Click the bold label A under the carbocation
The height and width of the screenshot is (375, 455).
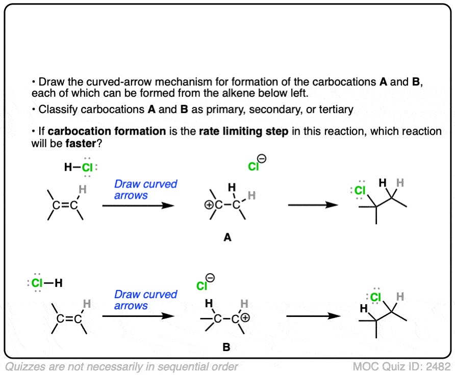tap(227, 237)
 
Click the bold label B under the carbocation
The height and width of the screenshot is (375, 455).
tap(226, 348)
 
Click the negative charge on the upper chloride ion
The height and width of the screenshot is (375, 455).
tap(262, 159)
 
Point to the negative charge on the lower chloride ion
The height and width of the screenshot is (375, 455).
tap(210, 278)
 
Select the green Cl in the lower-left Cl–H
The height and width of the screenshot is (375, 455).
tap(38, 283)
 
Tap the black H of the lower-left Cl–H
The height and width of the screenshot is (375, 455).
tap(59, 283)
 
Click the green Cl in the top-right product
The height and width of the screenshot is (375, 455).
tap(360, 191)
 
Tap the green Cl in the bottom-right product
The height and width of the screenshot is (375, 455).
tap(376, 297)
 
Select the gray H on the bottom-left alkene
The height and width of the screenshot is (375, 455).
tap(87, 304)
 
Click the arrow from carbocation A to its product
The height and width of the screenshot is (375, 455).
tap(313, 205)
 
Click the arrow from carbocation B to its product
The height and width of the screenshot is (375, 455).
tap(313, 316)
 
